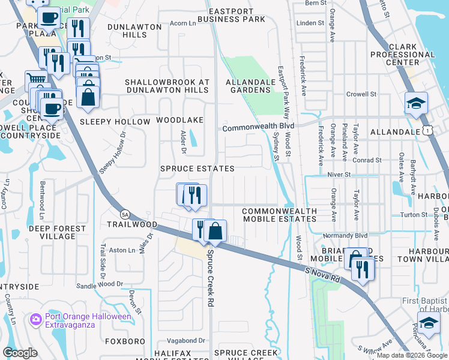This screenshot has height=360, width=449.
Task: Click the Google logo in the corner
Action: (x=20, y=353)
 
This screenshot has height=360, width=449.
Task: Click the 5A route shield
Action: (x=125, y=213)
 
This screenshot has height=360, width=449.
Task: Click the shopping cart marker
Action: (x=36, y=80)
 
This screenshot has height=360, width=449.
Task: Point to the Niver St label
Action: (x=339, y=174)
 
